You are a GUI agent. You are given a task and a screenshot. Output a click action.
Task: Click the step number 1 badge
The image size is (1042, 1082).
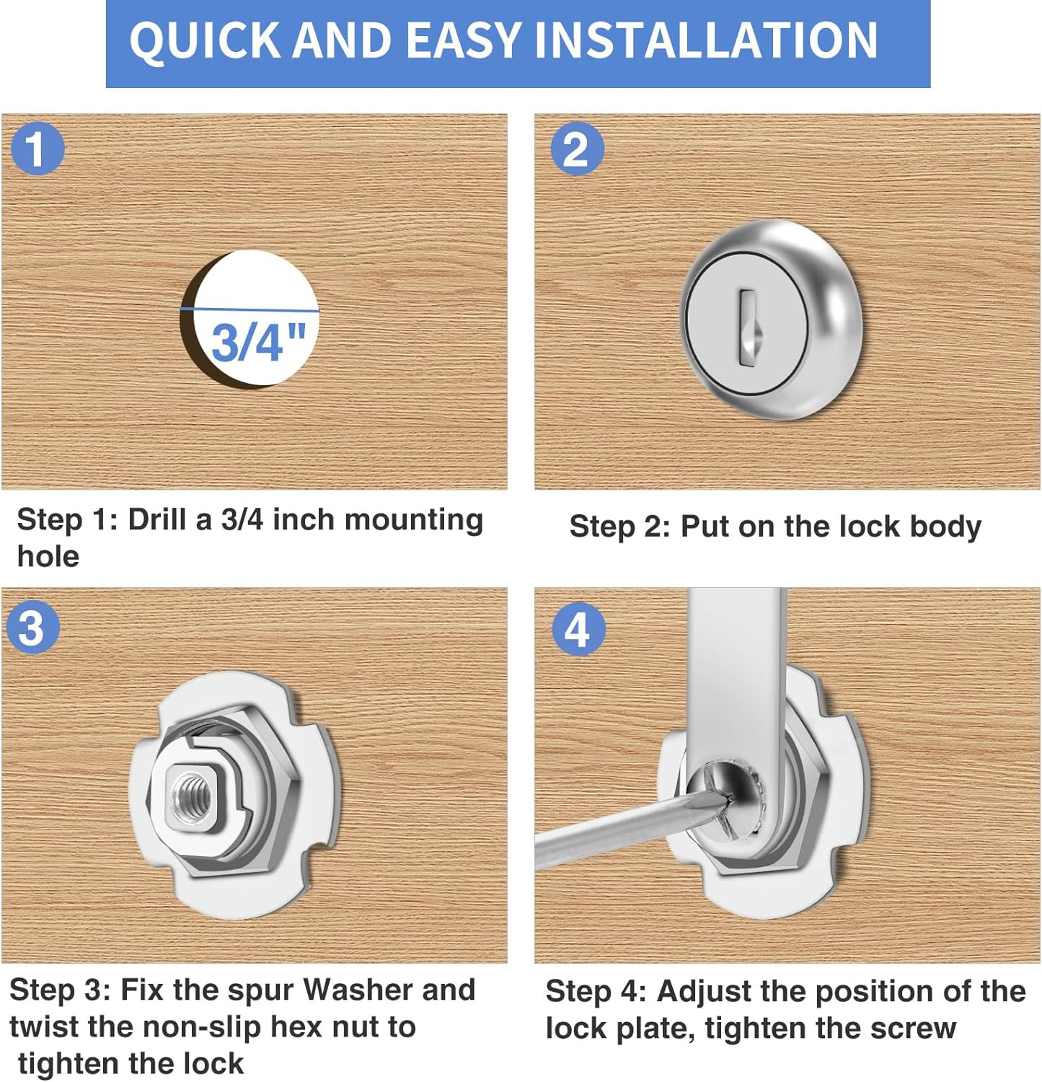click(37, 149)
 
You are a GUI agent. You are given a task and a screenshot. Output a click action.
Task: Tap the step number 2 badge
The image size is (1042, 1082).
click(577, 149)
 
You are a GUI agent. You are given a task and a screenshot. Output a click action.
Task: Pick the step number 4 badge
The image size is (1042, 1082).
click(578, 630)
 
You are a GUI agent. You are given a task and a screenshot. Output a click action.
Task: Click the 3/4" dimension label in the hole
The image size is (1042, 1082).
click(258, 341)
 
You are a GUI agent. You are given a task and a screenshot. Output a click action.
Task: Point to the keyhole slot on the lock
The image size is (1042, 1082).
click(747, 327)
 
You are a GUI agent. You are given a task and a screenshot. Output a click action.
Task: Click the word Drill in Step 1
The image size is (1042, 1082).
click(159, 519)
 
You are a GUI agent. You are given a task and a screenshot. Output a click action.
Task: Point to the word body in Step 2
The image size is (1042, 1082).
click(945, 527)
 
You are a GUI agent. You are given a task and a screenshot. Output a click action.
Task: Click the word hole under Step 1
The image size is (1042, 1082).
click(48, 556)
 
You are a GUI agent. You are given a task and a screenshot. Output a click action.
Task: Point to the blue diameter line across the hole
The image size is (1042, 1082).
click(249, 310)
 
